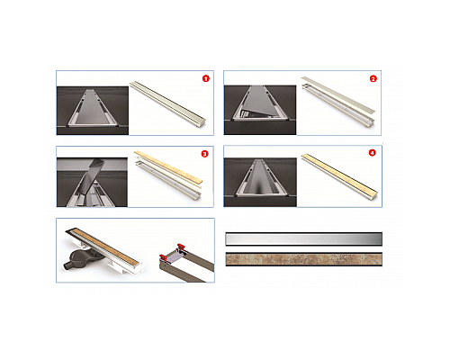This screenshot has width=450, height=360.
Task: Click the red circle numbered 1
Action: (x=205, y=78)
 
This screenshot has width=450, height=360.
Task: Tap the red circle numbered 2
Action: (x=373, y=79)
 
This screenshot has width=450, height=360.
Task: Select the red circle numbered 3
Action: (x=204, y=154)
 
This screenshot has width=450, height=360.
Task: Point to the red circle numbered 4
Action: (x=372, y=153)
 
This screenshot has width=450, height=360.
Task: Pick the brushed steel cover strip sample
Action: (x=303, y=239)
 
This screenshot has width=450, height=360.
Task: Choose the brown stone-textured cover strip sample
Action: (x=303, y=259)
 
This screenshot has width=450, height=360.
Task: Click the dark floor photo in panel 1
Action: (x=93, y=111)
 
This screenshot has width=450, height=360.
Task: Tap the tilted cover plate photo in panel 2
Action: (x=260, y=110)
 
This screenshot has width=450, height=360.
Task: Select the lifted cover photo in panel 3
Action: (x=92, y=183)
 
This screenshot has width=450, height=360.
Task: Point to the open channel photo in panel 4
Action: (x=260, y=183)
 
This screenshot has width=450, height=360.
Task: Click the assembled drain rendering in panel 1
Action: (x=168, y=103)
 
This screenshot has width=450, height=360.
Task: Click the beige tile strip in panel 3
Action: (x=168, y=166)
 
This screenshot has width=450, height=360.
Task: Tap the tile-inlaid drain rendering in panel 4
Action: (x=339, y=175)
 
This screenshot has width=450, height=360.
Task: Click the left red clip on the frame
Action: (x=163, y=257)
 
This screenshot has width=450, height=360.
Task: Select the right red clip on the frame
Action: (x=181, y=247)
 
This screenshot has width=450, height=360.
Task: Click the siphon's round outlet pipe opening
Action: (x=65, y=265)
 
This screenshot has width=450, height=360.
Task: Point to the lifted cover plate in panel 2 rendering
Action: (x=338, y=94)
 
